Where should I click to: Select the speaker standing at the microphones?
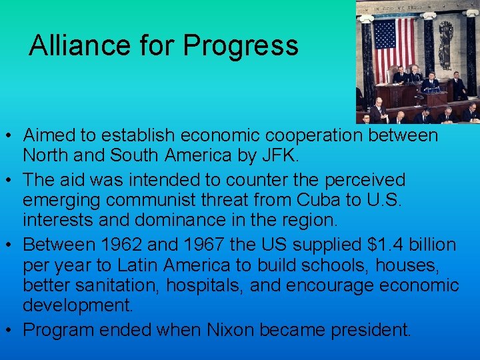pyautogui.click(x=430, y=83)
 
